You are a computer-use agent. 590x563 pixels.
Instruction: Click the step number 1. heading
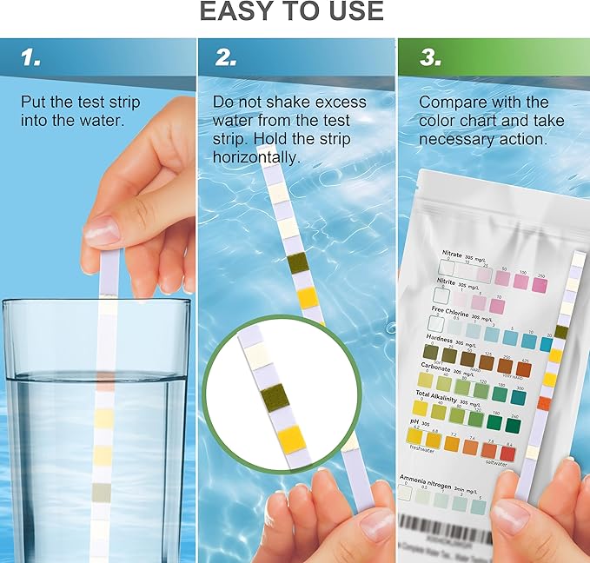click(31, 58)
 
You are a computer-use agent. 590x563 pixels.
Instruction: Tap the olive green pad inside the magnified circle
click(275, 396)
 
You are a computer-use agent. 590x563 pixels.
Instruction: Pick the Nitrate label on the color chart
click(451, 255)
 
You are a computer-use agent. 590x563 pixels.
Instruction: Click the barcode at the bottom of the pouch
click(447, 526)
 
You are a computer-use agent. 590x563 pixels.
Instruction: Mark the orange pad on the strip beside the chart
click(543, 401)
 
